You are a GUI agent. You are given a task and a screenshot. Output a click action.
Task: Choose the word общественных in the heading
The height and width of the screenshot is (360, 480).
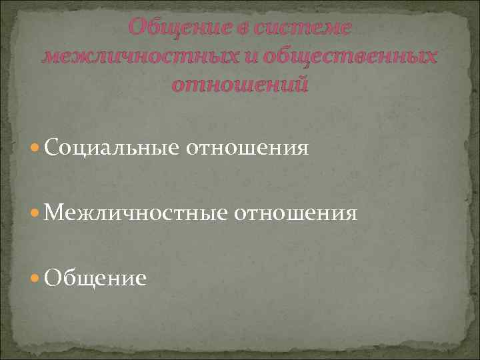click(351, 57)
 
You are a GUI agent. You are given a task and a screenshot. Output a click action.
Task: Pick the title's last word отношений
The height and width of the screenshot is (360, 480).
click(240, 85)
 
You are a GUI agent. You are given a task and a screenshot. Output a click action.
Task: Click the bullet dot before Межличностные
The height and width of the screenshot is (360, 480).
click(37, 213)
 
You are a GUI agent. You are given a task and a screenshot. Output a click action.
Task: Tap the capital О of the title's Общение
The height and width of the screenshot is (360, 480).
click(137, 28)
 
